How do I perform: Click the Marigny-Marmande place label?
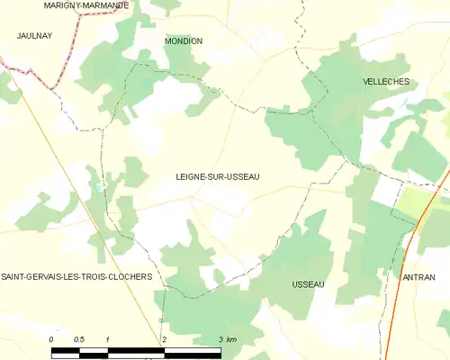86,5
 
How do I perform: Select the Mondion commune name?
184,41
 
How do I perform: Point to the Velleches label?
386,82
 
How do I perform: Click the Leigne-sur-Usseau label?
218,177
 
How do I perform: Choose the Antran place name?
418,278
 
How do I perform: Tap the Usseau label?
308,284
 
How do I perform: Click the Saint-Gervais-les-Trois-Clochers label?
76,277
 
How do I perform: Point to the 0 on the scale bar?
51,339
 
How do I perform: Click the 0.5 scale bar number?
79,339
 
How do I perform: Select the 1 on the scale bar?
107,339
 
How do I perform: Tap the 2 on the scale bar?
164,339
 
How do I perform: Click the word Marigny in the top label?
63,5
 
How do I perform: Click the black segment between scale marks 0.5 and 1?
94,348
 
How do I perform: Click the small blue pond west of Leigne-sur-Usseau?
97,190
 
